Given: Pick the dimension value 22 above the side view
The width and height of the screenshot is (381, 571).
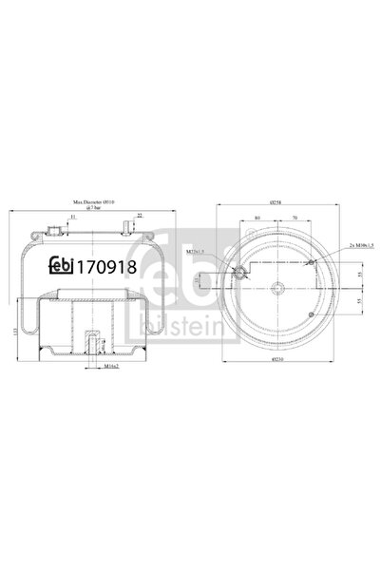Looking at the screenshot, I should coord(140,215).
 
